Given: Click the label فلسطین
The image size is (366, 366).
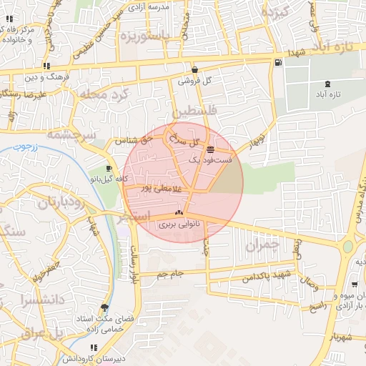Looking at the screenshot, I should point(192,112).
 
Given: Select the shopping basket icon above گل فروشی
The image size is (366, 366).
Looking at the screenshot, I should point(194,70).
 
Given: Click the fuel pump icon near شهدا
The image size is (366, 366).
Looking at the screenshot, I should point(277,62).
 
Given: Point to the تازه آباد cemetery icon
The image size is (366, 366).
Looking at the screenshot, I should point(328,84).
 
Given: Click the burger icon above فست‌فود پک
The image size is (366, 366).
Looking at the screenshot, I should point(210,149).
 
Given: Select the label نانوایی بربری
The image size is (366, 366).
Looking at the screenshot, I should point(179,224).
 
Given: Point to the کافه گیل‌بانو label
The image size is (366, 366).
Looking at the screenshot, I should point(112,179).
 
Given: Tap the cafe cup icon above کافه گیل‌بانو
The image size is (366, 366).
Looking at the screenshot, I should point(109,168).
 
